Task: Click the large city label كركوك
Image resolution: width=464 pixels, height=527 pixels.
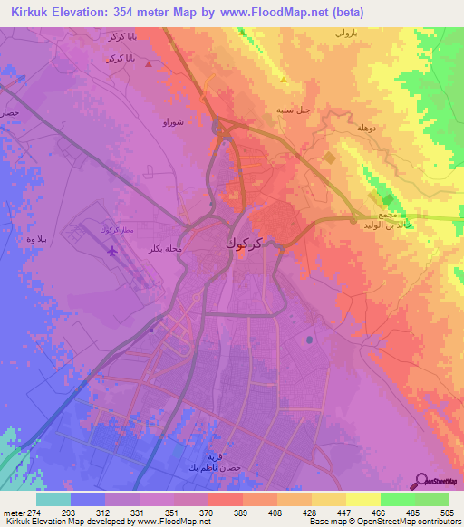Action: click(246, 244)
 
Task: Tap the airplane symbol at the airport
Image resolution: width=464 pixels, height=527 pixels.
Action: click(112, 251)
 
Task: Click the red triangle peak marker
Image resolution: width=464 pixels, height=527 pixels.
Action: click(149, 64)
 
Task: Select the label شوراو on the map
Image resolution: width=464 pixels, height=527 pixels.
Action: click(174, 121)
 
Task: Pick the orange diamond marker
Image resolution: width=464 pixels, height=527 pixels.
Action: click(329, 158)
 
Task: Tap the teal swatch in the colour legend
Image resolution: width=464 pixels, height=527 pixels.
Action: click(53, 499)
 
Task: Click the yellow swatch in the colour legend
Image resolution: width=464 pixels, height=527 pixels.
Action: click(363, 499)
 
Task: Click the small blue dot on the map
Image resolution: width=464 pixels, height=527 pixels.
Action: click(310, 340)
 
